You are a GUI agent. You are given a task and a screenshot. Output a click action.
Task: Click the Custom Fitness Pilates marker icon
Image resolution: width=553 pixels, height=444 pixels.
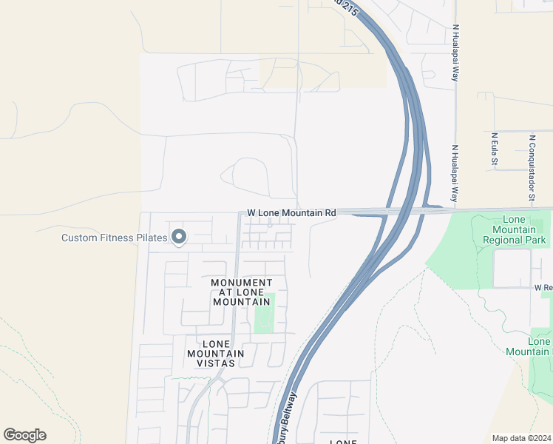coord(178,237)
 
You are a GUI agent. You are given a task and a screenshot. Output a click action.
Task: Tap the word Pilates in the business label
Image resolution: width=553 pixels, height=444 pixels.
coord(152,238)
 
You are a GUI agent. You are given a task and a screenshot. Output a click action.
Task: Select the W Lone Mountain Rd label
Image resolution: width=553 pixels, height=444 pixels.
coord(291,212)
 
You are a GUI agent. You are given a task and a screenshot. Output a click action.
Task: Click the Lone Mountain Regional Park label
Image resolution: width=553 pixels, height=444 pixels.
coord(514,229)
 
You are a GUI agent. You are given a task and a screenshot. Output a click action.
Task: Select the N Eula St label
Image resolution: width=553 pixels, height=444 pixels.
coord(493,149)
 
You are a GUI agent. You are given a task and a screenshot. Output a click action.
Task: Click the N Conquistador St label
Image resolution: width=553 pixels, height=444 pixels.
coord(531,167)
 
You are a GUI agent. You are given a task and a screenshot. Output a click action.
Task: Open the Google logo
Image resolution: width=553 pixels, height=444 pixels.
coord(24,435)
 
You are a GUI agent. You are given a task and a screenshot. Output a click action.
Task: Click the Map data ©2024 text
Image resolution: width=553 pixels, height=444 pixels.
coord(520,438)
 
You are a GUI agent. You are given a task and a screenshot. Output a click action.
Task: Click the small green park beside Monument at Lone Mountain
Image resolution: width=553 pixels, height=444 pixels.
coord(265,312)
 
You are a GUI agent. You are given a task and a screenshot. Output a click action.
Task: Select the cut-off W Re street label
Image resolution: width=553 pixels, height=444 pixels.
coord(543,286)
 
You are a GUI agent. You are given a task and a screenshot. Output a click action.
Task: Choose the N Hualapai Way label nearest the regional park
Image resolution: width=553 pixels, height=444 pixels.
coord(455,174)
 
